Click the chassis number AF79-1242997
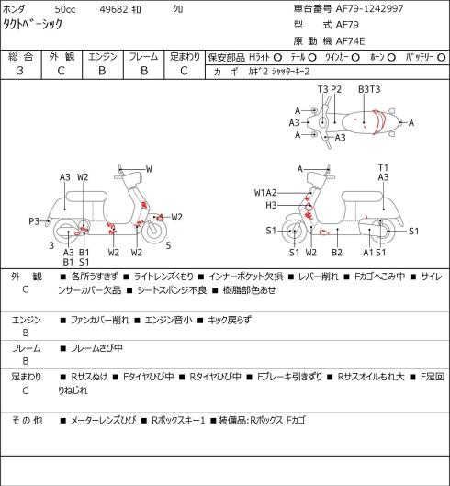pos(370,8)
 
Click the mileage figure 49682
pos(114,9)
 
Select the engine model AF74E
pos(350,41)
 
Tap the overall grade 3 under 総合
pos(20,71)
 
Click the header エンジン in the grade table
pos(103,57)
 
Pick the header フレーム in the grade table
pos(143,57)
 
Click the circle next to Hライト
pos(277,58)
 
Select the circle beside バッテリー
pos(442,58)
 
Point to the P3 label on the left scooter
pos(34,221)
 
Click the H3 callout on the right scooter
pos(271,205)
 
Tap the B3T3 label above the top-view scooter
pos(369,89)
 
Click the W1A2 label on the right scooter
pos(265,193)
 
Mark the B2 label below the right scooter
pos(337,253)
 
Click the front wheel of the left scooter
pos(154,232)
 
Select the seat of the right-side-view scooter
pos(362,197)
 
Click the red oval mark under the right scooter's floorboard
pos(324,232)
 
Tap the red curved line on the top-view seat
pos(379,122)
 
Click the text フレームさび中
pos(96,348)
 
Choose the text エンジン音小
pos(169,320)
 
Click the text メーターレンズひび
pos(104,420)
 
